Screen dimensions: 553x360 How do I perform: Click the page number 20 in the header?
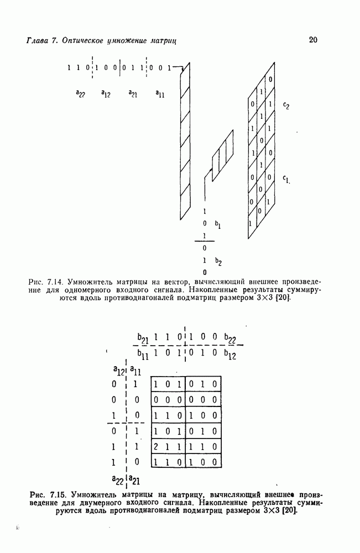[x=313, y=40]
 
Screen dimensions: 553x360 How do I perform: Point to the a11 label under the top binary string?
[x=159, y=94]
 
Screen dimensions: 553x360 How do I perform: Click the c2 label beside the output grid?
[x=285, y=107]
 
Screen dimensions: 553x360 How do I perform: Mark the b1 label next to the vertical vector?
[x=218, y=225]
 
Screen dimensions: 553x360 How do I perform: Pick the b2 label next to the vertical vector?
[x=218, y=261]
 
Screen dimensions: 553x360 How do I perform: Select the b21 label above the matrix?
[x=143, y=338]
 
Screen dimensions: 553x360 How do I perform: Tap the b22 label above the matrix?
[x=231, y=338]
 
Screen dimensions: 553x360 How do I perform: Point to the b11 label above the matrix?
[x=143, y=354]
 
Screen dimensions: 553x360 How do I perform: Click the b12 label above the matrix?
[x=231, y=354]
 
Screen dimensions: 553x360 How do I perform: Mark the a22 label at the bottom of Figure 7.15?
[x=117, y=479]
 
